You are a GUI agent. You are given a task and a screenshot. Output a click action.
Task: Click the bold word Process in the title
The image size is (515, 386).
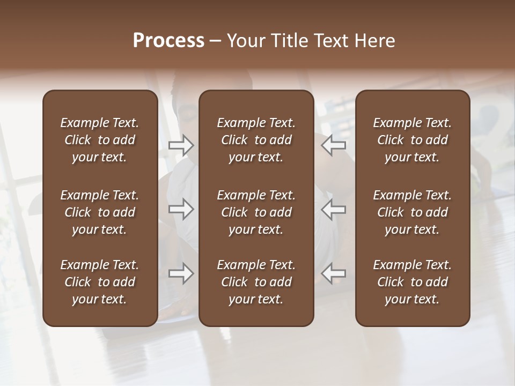click(x=168, y=41)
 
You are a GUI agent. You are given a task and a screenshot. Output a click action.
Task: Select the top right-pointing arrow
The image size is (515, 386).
click(x=181, y=145)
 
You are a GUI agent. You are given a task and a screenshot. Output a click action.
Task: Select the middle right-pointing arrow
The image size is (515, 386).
click(x=181, y=209)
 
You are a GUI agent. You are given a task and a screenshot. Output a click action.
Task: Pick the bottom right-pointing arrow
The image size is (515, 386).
click(x=181, y=273)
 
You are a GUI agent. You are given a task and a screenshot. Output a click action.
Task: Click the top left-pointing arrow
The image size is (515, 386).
click(x=334, y=145)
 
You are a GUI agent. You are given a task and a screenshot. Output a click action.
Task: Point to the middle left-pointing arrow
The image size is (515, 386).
click(x=334, y=209)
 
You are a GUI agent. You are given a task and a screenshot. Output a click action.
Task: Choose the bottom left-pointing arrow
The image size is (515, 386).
click(x=334, y=273)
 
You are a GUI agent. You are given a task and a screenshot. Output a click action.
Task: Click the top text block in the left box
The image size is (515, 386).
click(x=100, y=140)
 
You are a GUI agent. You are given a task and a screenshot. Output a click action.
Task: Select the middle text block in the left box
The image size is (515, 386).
click(x=100, y=212)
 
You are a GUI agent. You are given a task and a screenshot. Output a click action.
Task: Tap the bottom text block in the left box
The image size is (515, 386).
click(x=100, y=282)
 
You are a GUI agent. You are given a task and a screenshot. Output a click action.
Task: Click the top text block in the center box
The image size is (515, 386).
click(x=256, y=140)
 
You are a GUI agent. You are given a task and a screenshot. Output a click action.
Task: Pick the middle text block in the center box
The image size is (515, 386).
click(x=256, y=212)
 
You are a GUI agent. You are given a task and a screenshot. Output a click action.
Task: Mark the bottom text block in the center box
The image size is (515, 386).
click(x=256, y=282)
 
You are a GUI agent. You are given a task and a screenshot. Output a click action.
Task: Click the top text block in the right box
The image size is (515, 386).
click(x=413, y=140)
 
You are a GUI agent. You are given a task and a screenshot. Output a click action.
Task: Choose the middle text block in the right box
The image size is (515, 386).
click(x=413, y=212)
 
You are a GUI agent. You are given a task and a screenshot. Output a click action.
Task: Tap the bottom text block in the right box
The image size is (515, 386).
click(x=413, y=282)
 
